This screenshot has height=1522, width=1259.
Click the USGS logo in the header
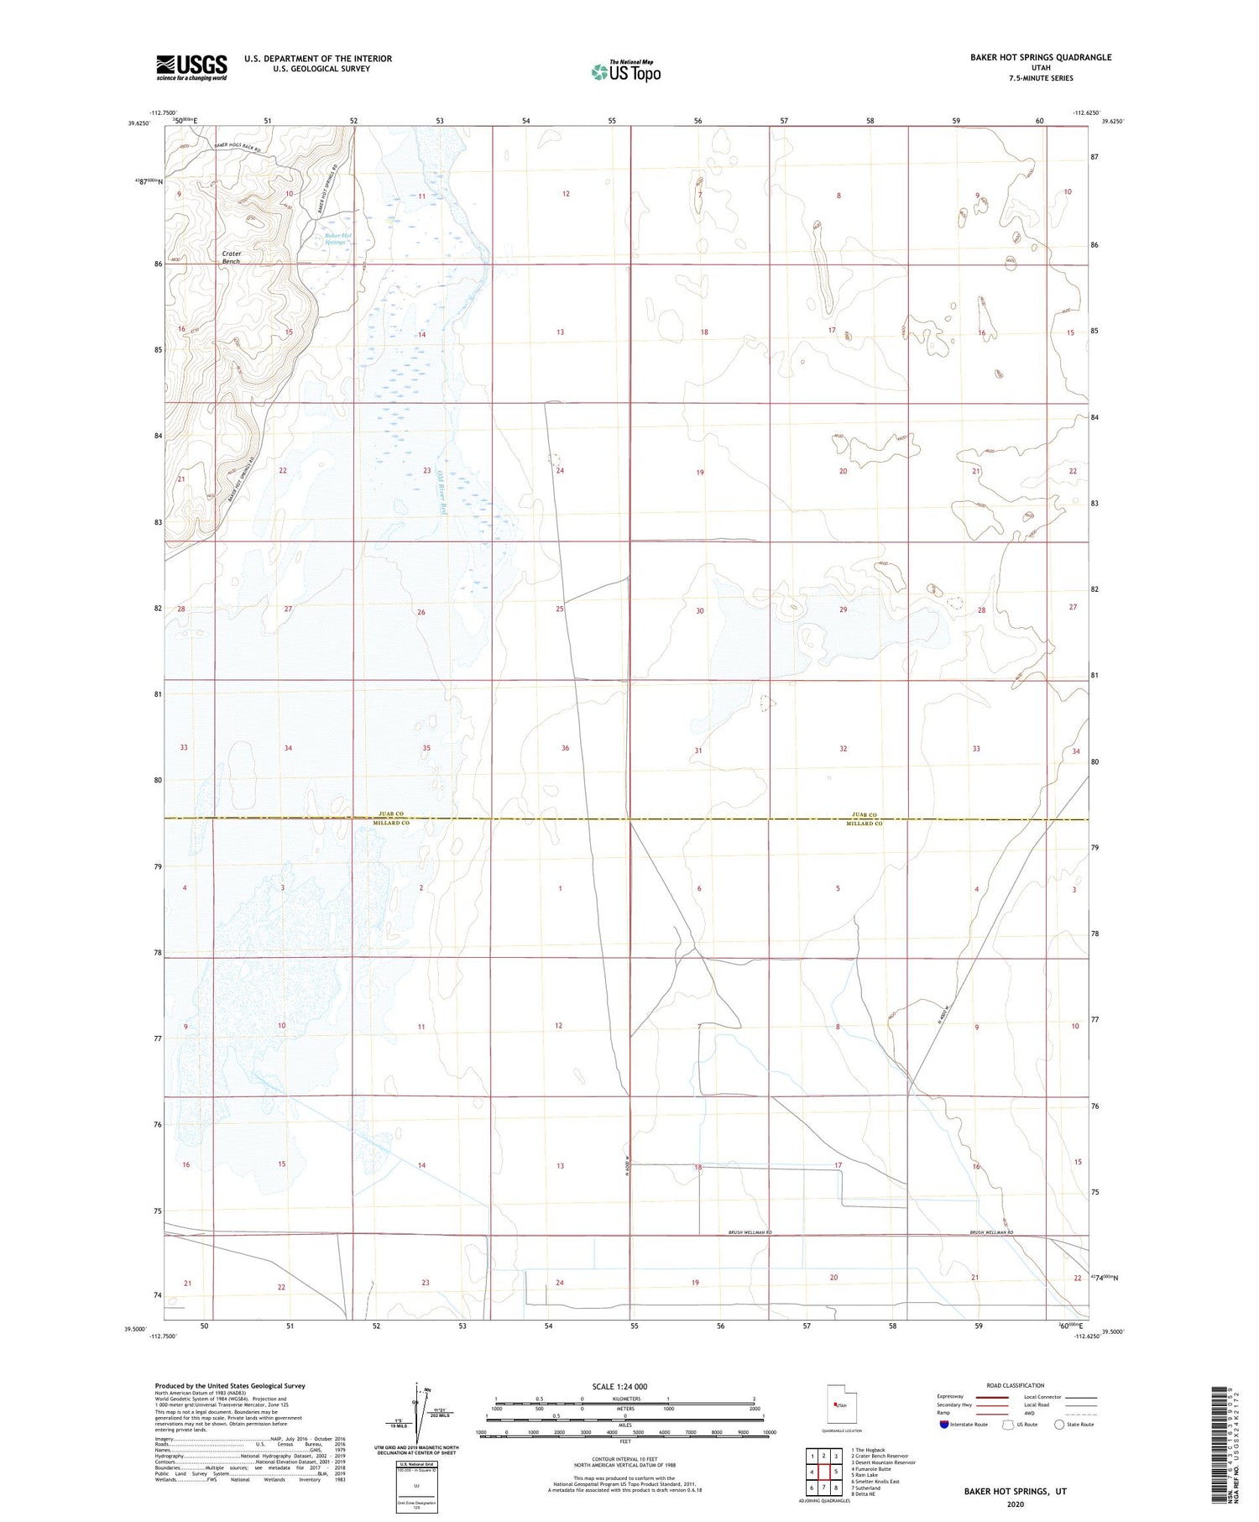[191, 67]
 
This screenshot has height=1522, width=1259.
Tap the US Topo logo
[625, 72]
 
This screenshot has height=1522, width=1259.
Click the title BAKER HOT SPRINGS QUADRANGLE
[1040, 57]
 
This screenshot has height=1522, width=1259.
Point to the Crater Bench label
[232, 257]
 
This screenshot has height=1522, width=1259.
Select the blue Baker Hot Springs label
[338, 239]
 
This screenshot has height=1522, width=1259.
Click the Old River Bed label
[441, 491]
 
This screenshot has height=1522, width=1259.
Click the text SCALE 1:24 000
[624, 1386]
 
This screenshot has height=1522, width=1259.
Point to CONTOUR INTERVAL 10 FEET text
[624, 1459]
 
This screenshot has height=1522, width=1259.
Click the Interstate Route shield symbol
[943, 1425]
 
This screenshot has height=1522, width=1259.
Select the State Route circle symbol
[1059, 1424]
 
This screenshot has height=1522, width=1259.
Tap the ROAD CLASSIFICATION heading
[1016, 1385]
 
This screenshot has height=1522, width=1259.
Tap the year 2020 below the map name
[1016, 1504]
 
